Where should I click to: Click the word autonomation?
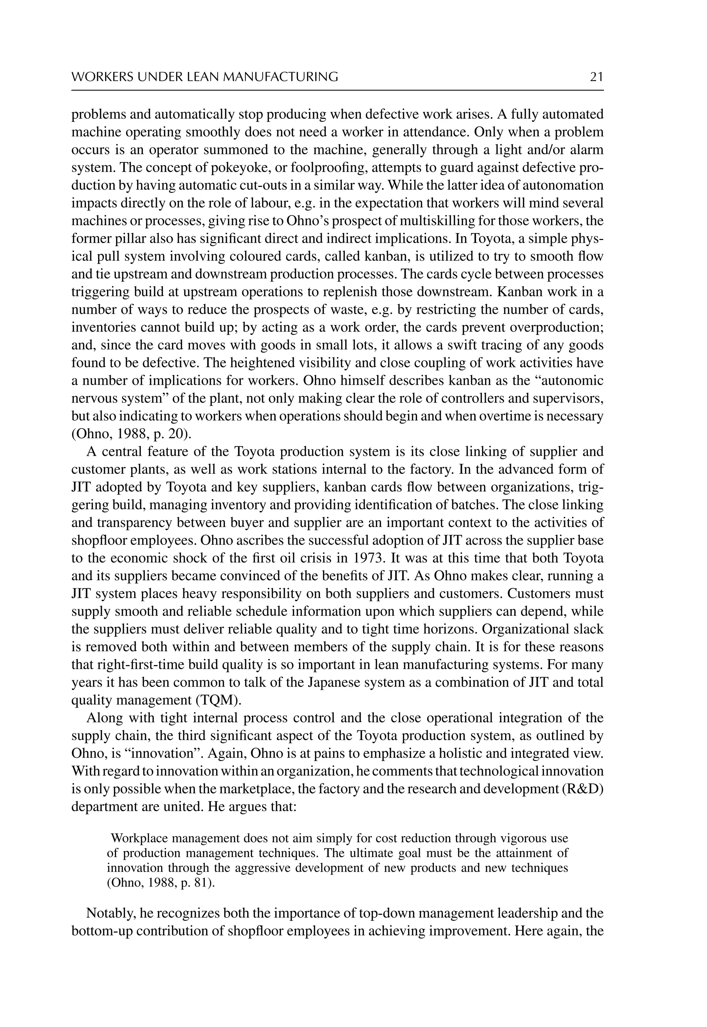point(564,186)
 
